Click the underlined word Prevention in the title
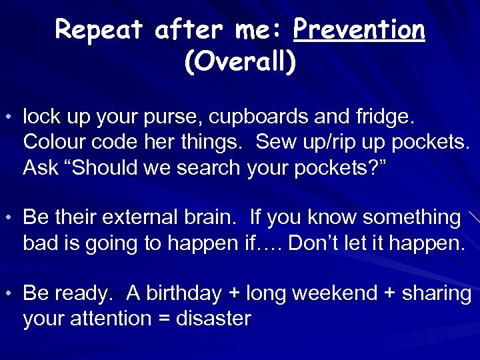tap(359, 30)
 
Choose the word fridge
tap(385, 118)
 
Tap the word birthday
tap(184, 293)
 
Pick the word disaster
tap(213, 318)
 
